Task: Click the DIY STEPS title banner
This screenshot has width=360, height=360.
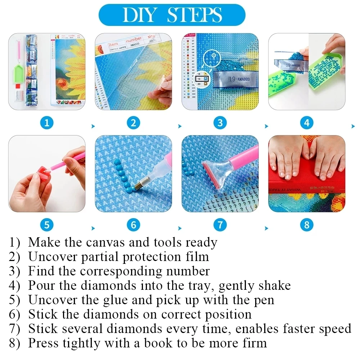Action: point(172,15)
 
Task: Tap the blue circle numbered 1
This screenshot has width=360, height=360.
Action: point(47,123)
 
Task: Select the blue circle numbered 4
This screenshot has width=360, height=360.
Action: point(306,123)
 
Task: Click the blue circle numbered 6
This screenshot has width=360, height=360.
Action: point(134,225)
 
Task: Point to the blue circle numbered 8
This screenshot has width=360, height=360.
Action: point(306,225)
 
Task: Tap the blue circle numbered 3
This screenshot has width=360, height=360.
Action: point(220,123)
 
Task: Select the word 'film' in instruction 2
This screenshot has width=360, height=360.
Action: point(199,257)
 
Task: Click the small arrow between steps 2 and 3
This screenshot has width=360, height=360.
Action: point(180,126)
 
